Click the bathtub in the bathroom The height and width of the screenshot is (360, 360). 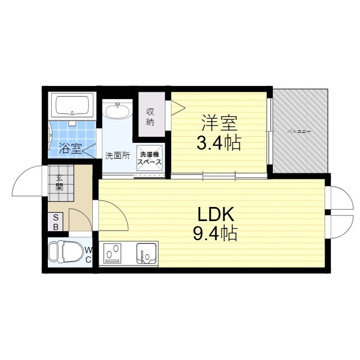(x=71, y=105)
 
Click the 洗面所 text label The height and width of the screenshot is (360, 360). (x=118, y=156)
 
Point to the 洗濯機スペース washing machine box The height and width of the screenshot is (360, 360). (x=150, y=157)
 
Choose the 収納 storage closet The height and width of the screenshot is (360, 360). (x=151, y=116)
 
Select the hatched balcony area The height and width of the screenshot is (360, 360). (x=299, y=130)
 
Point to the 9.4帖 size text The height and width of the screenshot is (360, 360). (x=215, y=232)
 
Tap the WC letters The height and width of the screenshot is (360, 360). (x=88, y=254)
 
